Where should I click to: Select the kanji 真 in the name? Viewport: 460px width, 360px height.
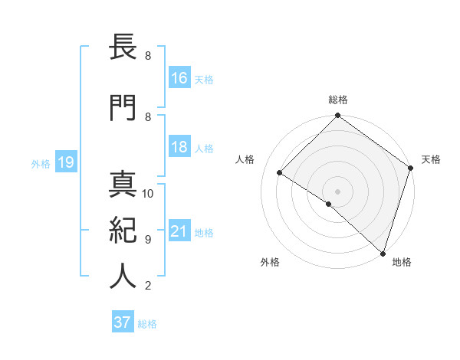click(123, 185)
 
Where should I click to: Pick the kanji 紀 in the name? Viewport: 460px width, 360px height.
click(123, 231)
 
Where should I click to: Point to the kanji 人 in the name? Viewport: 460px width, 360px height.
click(123, 277)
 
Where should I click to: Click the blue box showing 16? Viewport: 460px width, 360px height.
click(179, 77)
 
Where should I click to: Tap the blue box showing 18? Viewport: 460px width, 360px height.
click(179, 147)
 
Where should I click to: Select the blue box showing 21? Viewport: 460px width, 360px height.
click(179, 231)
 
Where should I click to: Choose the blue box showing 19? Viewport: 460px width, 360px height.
click(65, 162)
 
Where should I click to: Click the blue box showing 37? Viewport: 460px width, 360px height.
click(123, 322)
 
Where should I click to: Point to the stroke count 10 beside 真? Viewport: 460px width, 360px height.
click(148, 193)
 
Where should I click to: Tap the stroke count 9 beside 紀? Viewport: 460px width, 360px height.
click(148, 239)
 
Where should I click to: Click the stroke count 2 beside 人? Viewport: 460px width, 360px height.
click(148, 286)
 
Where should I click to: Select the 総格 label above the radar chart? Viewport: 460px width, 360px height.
click(337, 100)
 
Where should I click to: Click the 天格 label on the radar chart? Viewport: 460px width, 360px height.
click(431, 159)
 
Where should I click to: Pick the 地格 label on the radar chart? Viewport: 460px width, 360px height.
click(402, 262)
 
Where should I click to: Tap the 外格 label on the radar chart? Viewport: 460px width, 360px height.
click(270, 262)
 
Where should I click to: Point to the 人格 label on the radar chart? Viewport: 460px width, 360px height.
click(245, 159)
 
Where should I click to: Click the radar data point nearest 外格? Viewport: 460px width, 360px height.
click(328, 204)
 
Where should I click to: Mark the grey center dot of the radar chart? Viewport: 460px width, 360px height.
click(337, 191)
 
